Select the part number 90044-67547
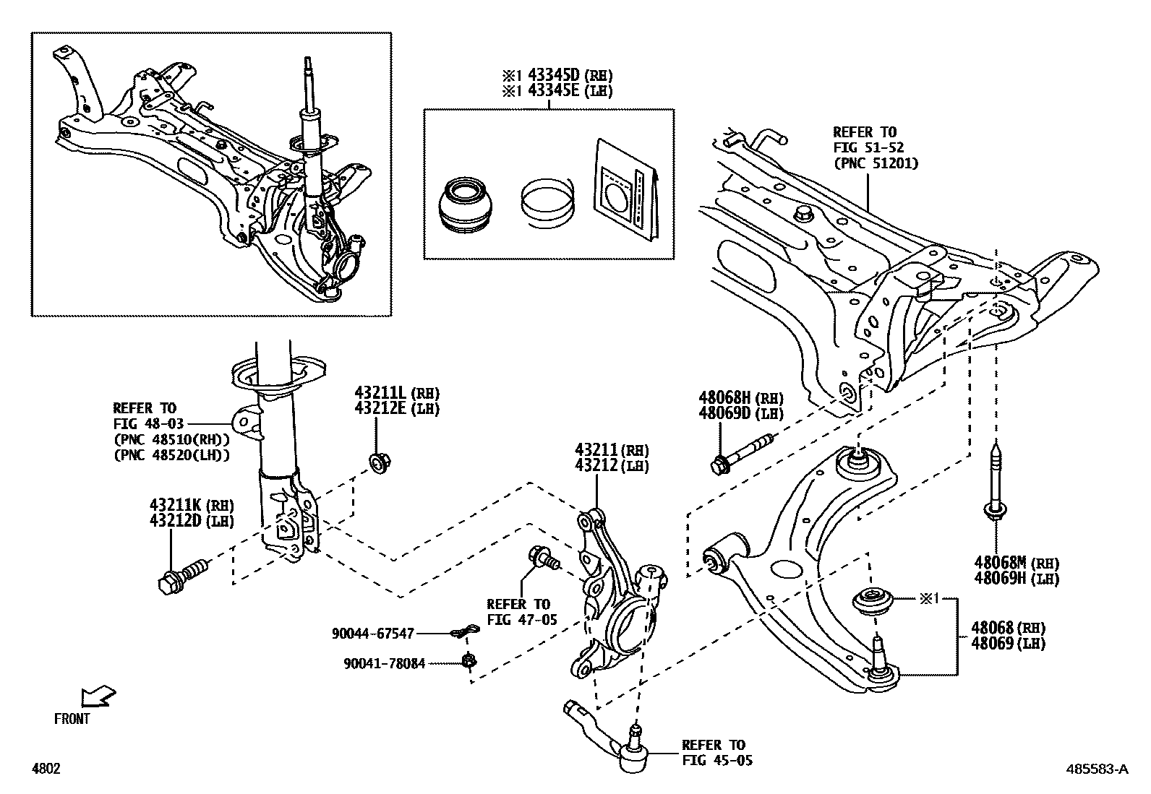tap(373, 634)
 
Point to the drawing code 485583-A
tap(1096, 769)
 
